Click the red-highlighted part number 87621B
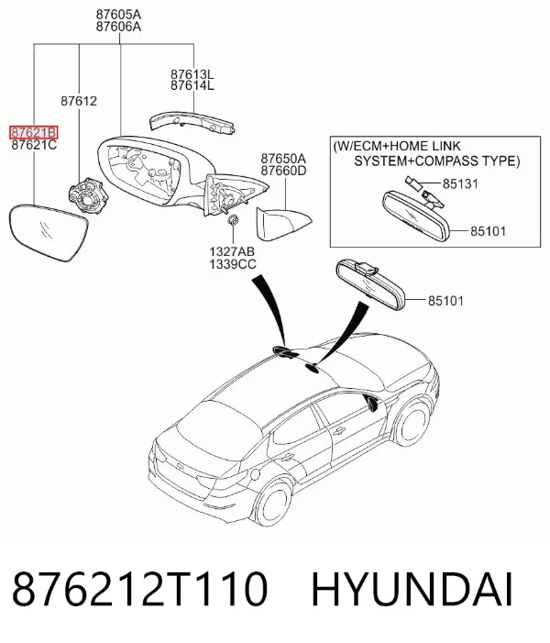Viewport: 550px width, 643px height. point(34,132)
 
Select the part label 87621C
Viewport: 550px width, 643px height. point(34,145)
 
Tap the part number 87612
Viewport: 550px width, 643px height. point(79,101)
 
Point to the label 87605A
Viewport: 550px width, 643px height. point(118,15)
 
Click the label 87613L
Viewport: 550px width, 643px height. point(192,74)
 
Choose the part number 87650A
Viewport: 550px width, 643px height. point(283,159)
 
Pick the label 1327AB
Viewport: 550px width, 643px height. point(232,251)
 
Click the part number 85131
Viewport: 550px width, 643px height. point(460,183)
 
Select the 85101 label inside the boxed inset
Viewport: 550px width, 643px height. point(488,231)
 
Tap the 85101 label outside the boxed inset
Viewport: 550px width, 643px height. point(445,301)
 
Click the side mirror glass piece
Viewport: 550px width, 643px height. point(49,232)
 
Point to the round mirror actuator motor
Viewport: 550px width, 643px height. point(89,194)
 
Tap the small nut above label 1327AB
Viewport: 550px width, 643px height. point(233,220)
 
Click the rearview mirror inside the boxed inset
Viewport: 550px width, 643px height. point(416,216)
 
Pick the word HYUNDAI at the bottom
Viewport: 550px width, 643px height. point(412,589)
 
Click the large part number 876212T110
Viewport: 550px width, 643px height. point(140,589)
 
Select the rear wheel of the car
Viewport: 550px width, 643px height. point(272,505)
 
